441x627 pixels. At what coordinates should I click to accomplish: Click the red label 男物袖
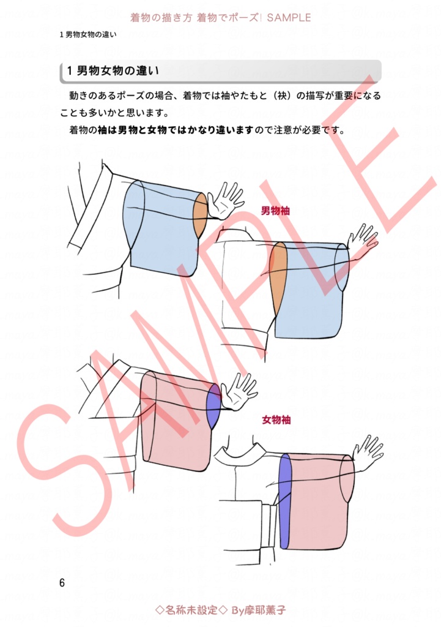click(275, 211)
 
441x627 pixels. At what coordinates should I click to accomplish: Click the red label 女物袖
click(276, 420)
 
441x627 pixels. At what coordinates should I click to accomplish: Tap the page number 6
click(62, 582)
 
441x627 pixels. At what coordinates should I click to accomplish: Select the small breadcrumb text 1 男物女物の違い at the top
click(88, 34)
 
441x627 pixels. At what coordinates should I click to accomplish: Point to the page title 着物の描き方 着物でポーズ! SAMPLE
click(221, 18)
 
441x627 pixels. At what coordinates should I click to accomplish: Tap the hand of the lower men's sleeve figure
click(365, 241)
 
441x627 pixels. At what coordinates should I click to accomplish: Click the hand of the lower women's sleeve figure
click(369, 452)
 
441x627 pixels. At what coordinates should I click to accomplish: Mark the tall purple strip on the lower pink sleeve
click(286, 499)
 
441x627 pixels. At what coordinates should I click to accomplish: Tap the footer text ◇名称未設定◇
click(191, 610)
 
